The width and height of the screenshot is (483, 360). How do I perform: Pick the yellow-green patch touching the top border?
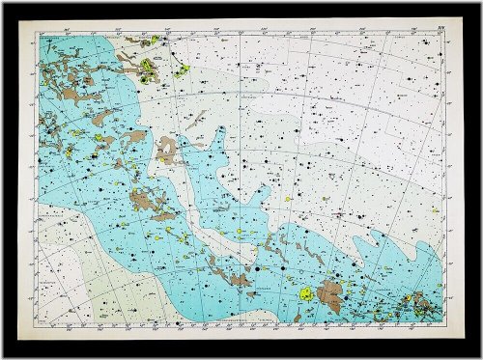pyautogui.click(x=153, y=41)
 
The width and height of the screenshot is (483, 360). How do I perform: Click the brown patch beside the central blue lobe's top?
pyautogui.click(x=167, y=150)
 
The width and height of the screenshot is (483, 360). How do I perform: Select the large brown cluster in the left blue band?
pyautogui.click(x=145, y=201)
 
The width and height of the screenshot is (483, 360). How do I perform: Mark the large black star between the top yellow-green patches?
pyautogui.click(x=166, y=54)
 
